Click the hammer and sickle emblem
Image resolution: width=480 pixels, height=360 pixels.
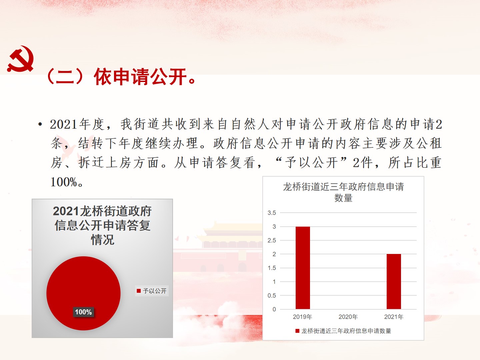coord(20,59)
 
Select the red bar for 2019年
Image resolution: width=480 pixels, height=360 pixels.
coord(303,268)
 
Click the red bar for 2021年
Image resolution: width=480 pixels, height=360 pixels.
coord(394,282)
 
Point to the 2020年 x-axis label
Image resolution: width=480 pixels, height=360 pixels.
coord(348,317)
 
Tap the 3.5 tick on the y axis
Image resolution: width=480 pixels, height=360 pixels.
coord(272,213)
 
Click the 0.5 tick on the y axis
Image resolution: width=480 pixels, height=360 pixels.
coord(272,296)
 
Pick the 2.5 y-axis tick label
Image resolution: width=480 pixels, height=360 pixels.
coord(272,240)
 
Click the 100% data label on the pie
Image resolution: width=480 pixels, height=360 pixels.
coord(83,312)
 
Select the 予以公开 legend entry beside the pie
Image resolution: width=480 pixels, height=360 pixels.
coord(152,291)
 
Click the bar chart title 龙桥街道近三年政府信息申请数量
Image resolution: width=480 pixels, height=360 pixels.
coord(343,192)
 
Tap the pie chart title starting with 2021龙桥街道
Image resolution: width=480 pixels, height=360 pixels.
coord(102,225)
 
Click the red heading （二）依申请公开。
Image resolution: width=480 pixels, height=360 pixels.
coord(121,77)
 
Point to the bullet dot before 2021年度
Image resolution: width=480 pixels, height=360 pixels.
coord(40,124)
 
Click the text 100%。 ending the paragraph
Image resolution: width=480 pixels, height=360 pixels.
coord(67,182)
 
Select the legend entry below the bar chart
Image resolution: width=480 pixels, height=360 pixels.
coord(343,331)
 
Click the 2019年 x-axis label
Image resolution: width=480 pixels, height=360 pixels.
coord(302,317)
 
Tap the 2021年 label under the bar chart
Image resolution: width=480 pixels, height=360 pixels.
coord(394,317)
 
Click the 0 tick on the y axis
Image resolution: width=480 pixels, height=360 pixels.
coord(274,309)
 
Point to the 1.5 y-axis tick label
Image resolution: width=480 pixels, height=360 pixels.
coord(272,268)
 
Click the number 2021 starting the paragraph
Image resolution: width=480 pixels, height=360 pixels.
coord(64,124)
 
